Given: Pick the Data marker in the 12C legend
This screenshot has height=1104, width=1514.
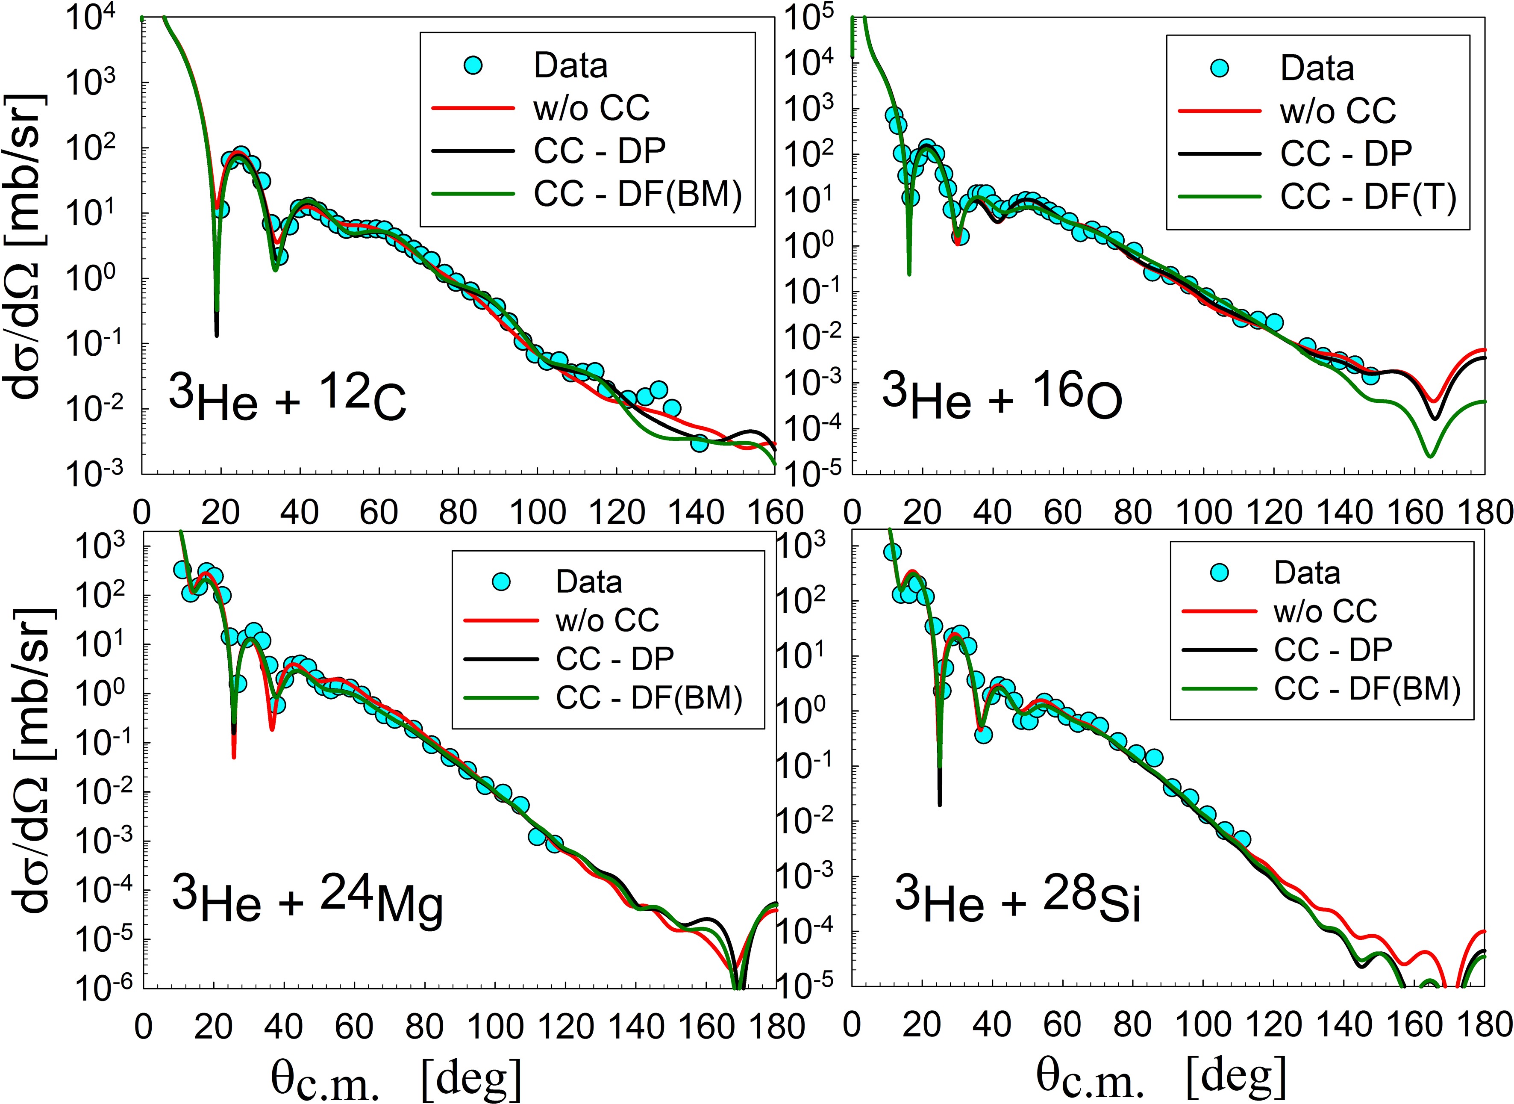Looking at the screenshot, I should (473, 65).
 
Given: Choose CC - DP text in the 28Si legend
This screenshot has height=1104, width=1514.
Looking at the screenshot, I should (1333, 649).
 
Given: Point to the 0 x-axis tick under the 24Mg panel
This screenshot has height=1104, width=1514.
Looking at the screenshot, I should (143, 1026).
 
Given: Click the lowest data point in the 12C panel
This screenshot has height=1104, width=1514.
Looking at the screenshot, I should (699, 443).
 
